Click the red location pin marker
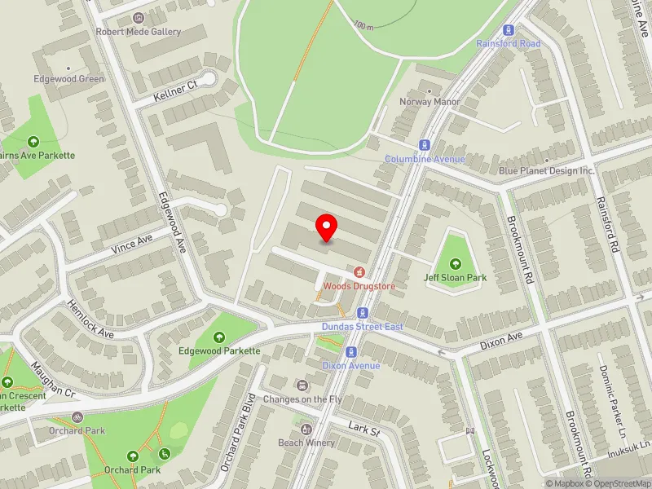pos(327,227)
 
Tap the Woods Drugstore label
pos(359,286)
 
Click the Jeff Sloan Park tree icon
pos(455,263)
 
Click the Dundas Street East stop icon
pos(362,313)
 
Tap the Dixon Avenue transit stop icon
pos(352,352)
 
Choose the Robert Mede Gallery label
pos(139,32)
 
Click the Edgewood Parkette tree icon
pos(219,337)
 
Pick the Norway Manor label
pos(430,102)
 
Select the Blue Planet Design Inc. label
pos(547,170)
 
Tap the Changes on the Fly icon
pos(303,385)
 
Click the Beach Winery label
pos(306,443)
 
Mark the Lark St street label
pos(363,429)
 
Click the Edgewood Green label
pos(69,79)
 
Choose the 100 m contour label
pos(363,26)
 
